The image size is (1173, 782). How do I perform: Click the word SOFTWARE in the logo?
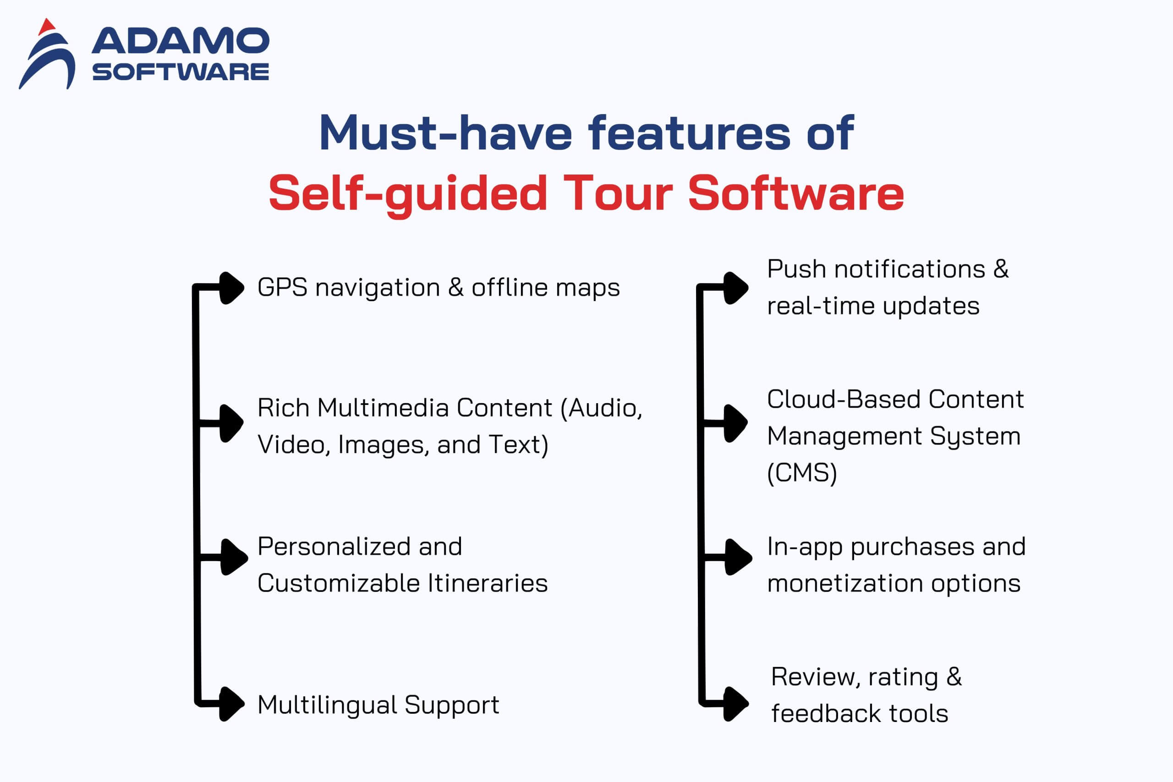181,72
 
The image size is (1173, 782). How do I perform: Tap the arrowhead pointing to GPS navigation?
232,288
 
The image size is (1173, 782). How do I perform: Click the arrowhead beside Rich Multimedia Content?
232,423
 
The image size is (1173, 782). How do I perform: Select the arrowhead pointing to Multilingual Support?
232,704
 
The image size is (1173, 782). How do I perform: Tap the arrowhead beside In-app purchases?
738,557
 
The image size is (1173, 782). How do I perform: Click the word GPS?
282,287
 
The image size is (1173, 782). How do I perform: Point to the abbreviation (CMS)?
802,472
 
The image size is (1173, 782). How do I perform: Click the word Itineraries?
487,583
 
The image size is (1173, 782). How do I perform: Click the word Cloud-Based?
844,399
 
